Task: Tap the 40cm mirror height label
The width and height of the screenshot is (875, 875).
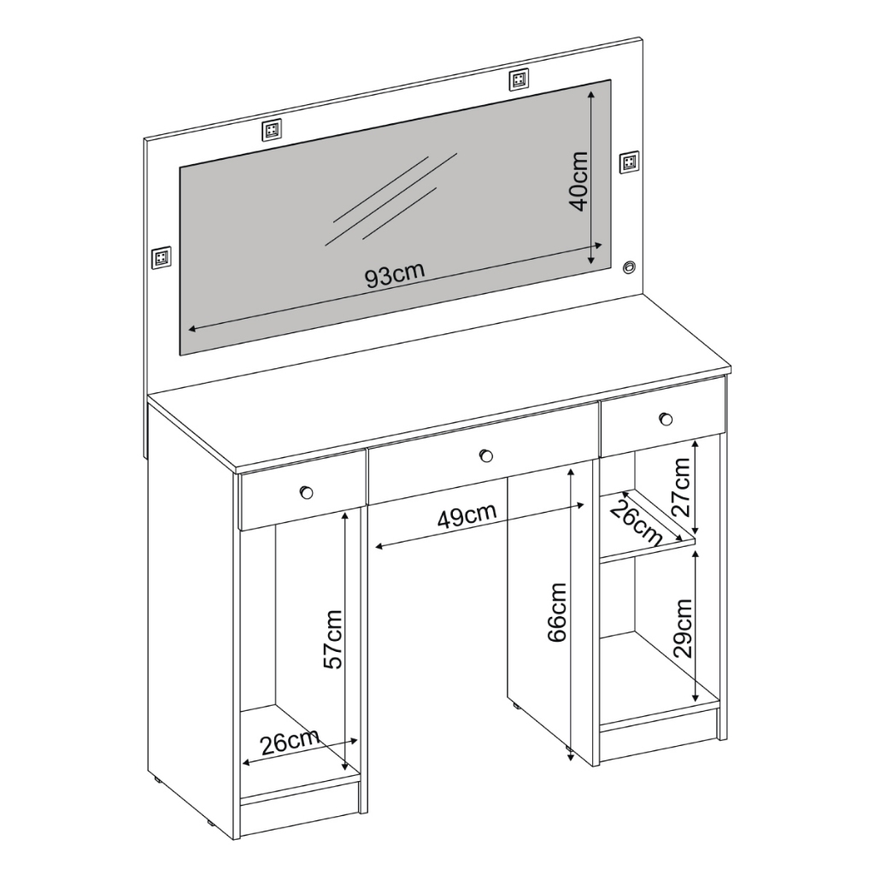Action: pyautogui.click(x=578, y=181)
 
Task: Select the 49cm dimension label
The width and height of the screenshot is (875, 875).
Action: pyautogui.click(x=467, y=517)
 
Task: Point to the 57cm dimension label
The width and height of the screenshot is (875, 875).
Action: pyautogui.click(x=332, y=639)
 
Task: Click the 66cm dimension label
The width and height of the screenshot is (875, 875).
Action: pyautogui.click(x=556, y=612)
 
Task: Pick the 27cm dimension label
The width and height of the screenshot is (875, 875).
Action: pyautogui.click(x=681, y=486)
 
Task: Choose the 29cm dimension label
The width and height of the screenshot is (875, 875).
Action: pyautogui.click(x=683, y=628)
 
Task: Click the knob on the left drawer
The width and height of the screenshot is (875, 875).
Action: pyautogui.click(x=307, y=493)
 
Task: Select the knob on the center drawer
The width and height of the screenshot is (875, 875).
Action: pyautogui.click(x=486, y=456)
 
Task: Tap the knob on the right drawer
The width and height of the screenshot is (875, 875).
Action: pyautogui.click(x=665, y=419)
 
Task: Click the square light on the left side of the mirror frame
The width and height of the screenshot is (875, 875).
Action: pyautogui.click(x=161, y=256)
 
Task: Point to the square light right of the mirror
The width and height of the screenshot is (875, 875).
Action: pyautogui.click(x=630, y=161)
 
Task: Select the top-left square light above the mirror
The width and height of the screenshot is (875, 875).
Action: pyautogui.click(x=271, y=130)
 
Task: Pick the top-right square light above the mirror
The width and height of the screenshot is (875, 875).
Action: pyautogui.click(x=519, y=79)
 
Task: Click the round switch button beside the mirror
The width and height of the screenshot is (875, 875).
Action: pyautogui.click(x=630, y=267)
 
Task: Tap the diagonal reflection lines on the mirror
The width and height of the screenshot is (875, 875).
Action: pyautogui.click(x=391, y=199)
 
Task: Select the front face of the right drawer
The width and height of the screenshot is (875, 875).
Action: pyautogui.click(x=663, y=416)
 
